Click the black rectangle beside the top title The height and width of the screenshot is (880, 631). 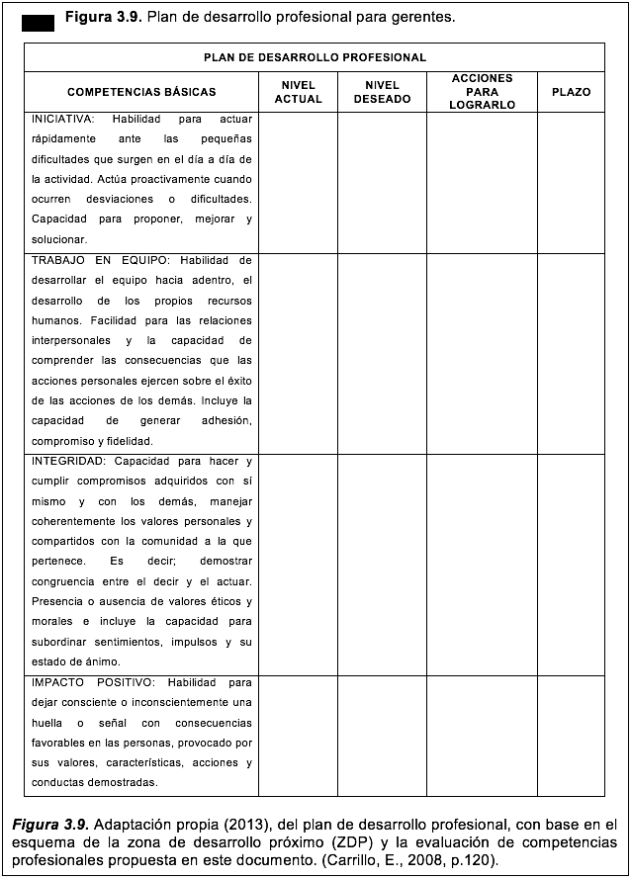[38, 24]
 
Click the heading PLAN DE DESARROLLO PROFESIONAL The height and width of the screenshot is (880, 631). [315, 58]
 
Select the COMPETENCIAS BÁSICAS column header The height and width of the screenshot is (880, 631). [141, 92]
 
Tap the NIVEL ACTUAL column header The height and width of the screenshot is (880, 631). [298, 92]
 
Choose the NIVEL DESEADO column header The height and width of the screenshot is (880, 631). [382, 92]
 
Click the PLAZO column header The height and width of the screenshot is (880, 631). [571, 92]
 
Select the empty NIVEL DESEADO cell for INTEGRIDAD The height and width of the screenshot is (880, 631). [382, 564]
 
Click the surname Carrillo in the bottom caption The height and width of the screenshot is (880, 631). [377, 859]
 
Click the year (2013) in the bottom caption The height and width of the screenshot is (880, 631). [250, 824]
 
